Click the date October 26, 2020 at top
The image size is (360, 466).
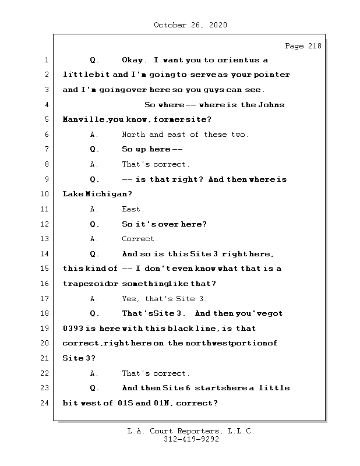click(190, 25)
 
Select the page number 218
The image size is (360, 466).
click(313, 46)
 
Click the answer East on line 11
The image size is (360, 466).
click(133, 209)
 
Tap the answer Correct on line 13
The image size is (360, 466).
click(140, 239)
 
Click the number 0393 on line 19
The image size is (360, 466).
click(73, 329)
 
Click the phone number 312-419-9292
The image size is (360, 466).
click(190, 440)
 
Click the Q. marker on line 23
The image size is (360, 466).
click(95, 388)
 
